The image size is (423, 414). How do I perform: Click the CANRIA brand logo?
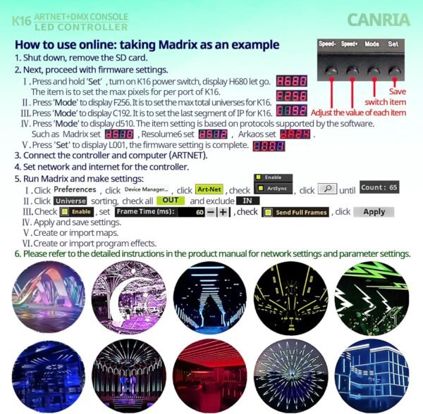377,19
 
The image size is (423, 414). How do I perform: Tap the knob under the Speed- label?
326,68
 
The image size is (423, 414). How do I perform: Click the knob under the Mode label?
372,68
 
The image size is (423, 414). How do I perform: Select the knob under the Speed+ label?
349,68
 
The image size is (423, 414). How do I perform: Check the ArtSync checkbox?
259,189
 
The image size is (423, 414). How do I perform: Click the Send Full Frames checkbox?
268,212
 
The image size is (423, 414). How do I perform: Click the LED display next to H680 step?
290,81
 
